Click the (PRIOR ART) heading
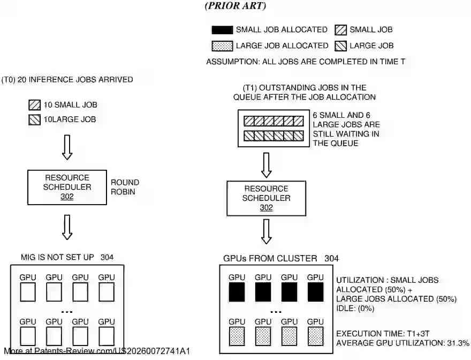pyautogui.click(x=235, y=6)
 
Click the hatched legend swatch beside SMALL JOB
pyautogui.click(x=340, y=30)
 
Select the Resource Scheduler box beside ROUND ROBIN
pyautogui.click(x=67, y=187)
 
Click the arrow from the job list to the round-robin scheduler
pyautogui.click(x=67, y=147)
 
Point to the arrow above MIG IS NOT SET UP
pyautogui.click(x=67, y=227)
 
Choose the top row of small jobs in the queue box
pyautogui.click(x=275, y=121)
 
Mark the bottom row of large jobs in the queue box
pyautogui.click(x=275, y=136)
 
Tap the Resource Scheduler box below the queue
pyautogui.click(x=266, y=198)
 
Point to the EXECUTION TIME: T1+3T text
pyautogui.click(x=380, y=333)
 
